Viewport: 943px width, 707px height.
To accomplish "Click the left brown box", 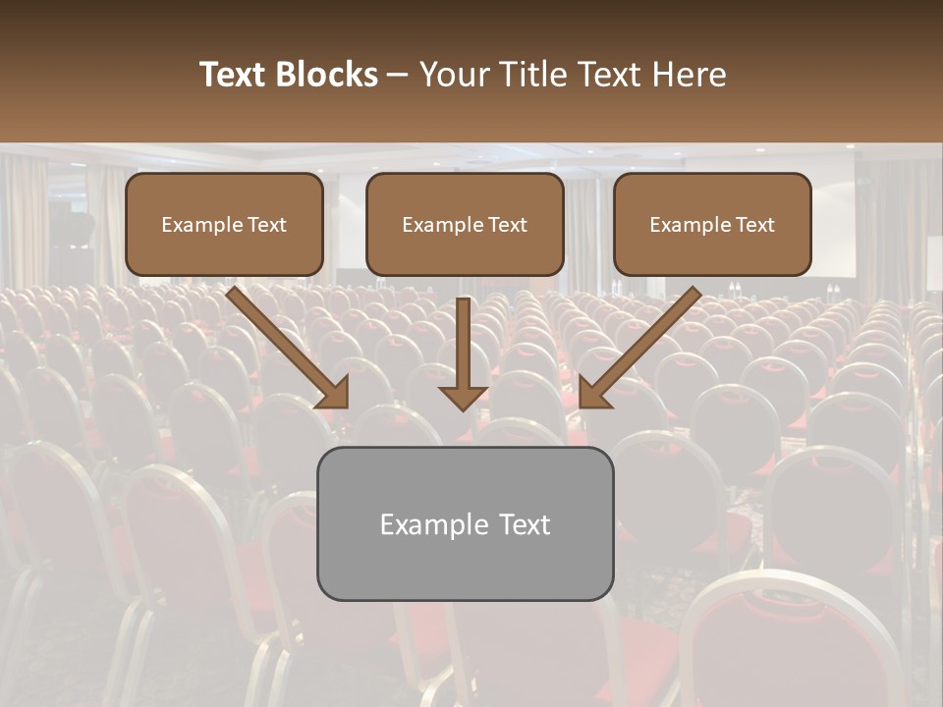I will (x=224, y=224).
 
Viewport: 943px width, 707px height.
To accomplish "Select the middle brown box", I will (x=465, y=224).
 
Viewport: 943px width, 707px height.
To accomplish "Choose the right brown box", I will (x=712, y=224).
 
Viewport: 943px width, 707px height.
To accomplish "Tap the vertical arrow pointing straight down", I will (x=463, y=349).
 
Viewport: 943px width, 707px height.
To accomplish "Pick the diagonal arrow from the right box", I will (x=643, y=344).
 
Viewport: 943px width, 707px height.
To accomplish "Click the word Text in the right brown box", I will (x=754, y=225).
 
